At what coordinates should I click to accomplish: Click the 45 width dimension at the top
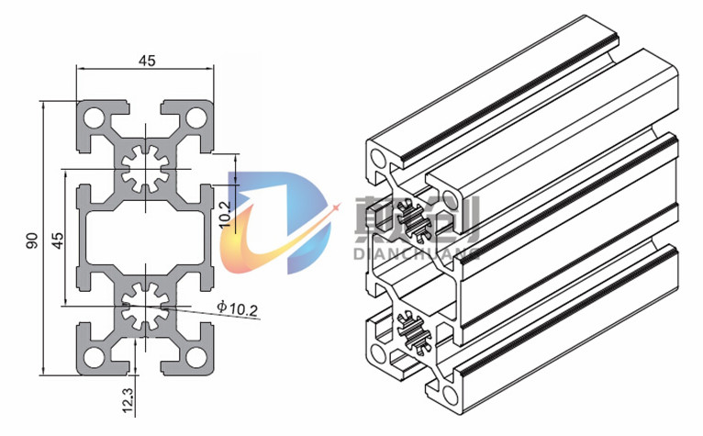click(x=147, y=60)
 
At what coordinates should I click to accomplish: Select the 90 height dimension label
click(x=32, y=240)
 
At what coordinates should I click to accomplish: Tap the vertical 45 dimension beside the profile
click(x=58, y=240)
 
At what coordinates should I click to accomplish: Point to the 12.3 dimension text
click(x=128, y=400)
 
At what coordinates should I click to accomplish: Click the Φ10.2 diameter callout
click(x=237, y=307)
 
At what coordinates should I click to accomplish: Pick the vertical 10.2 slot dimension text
click(x=225, y=214)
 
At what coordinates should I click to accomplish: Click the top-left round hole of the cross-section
click(x=94, y=118)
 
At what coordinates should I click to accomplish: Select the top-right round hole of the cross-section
click(x=196, y=118)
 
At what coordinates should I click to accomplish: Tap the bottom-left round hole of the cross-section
click(x=94, y=357)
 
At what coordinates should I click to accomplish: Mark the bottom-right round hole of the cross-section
click(x=196, y=357)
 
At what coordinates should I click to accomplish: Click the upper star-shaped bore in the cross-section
click(x=146, y=169)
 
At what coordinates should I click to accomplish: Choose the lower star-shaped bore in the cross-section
click(x=146, y=307)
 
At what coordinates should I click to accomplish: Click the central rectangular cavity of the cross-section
click(x=146, y=238)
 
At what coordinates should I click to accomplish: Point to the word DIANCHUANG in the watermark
click(x=416, y=253)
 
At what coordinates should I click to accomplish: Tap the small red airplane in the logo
click(x=335, y=208)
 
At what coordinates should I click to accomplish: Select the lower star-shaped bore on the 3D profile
click(x=414, y=333)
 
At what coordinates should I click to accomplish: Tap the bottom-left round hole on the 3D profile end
click(x=378, y=353)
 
